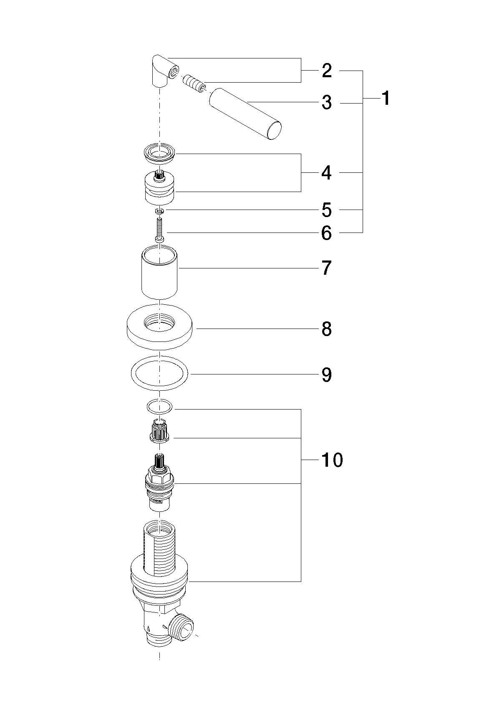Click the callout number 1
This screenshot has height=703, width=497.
pyautogui.click(x=386, y=98)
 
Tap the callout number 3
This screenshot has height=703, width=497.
pyautogui.click(x=327, y=103)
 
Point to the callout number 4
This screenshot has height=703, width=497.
pyautogui.click(x=327, y=172)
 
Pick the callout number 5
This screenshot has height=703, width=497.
pyautogui.click(x=327, y=210)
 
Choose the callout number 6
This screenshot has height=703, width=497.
pyautogui.click(x=327, y=233)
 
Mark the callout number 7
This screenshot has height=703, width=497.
pyautogui.click(x=327, y=268)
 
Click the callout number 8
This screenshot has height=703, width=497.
pyautogui.click(x=327, y=329)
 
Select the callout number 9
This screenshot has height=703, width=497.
pyautogui.click(x=327, y=375)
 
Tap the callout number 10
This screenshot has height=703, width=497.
pyautogui.click(x=332, y=460)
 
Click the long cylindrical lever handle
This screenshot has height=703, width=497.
pyautogui.click(x=245, y=114)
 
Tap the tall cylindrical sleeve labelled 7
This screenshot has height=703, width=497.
pyautogui.click(x=159, y=272)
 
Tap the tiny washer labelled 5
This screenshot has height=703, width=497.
pyautogui.click(x=160, y=212)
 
